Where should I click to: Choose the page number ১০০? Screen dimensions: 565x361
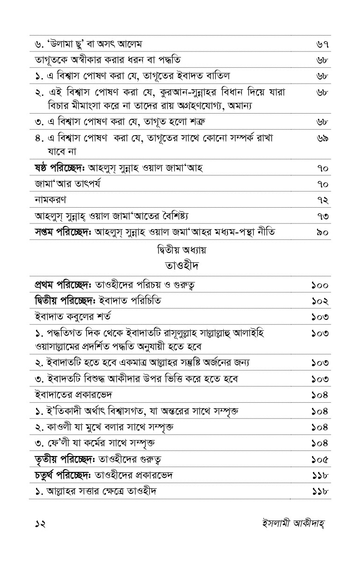point(320,285)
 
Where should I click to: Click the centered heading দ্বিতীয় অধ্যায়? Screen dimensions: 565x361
point(182,250)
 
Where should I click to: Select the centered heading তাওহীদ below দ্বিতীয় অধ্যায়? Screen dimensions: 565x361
point(182,266)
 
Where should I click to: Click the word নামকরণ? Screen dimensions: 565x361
point(50,200)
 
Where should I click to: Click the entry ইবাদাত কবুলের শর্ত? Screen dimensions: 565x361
point(72,317)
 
